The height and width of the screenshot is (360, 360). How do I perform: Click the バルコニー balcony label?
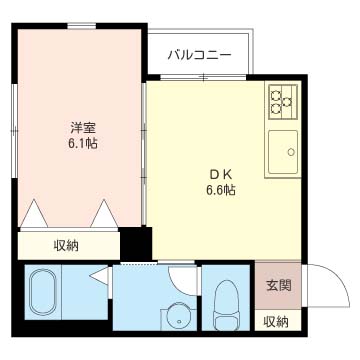coord(199,53)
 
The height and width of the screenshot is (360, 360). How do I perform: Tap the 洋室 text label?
coord(83,128)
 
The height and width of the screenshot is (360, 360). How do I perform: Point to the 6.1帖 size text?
coord(83,144)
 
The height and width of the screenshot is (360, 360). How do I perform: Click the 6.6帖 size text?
coord(220,188)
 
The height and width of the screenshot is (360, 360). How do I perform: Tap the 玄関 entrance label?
coord(279,285)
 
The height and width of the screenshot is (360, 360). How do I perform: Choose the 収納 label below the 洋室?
coord(67,245)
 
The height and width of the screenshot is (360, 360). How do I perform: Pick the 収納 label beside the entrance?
coord(275,321)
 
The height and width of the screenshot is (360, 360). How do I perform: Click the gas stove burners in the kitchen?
coord(280,99)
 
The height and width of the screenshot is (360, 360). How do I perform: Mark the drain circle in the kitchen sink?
coord(291,153)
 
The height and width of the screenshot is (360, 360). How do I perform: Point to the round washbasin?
coord(177,317)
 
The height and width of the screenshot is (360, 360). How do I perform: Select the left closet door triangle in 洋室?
coord(36,215)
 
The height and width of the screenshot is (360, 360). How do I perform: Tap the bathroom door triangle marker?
coord(99,277)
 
